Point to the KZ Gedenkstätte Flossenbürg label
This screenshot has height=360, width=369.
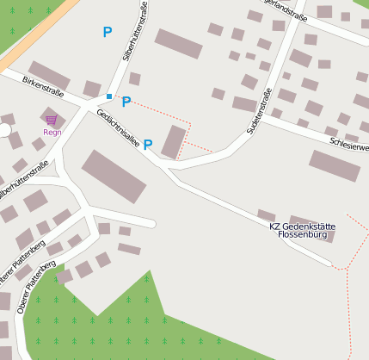302,231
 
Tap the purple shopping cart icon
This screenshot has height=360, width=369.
52,120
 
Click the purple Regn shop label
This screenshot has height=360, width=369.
52,133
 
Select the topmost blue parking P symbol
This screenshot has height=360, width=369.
108,32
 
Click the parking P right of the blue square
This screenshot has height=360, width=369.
126,102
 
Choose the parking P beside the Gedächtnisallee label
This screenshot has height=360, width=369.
148,145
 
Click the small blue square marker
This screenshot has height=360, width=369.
109,96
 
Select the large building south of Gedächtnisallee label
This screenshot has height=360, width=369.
114,177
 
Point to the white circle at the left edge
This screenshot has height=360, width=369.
3,130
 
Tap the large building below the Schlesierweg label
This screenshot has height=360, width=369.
335,165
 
